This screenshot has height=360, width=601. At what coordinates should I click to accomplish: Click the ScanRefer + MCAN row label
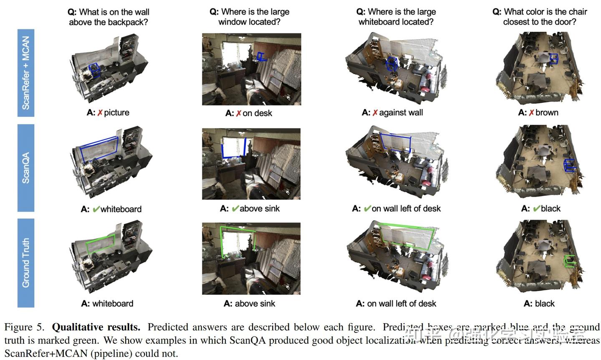point(26,73)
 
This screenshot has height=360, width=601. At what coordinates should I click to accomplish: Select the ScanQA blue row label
point(26,168)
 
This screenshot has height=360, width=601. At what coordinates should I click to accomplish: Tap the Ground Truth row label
point(26,263)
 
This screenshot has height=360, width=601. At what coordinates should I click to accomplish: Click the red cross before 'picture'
point(100,113)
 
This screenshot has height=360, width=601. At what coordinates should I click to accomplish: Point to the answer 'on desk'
point(257,113)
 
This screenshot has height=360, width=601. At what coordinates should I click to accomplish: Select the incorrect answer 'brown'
point(547,113)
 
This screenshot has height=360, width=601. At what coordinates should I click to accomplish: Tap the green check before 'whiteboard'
point(96,209)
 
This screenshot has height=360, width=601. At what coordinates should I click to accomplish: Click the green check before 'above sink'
point(235,208)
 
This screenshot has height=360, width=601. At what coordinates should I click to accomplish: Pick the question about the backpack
point(109,17)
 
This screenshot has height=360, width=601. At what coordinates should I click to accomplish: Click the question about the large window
point(250,17)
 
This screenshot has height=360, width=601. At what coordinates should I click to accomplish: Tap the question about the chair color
point(540,17)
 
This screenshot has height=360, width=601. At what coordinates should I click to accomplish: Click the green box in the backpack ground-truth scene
point(100,244)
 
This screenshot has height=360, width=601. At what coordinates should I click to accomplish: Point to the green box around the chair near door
point(569,261)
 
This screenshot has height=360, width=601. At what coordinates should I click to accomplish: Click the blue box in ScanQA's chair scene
point(569,165)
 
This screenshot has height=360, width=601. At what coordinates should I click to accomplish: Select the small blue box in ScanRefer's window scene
point(261,57)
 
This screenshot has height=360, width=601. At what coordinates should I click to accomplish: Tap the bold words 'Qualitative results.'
point(96,327)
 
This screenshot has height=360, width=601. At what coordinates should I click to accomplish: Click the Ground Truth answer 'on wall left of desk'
point(402,304)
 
